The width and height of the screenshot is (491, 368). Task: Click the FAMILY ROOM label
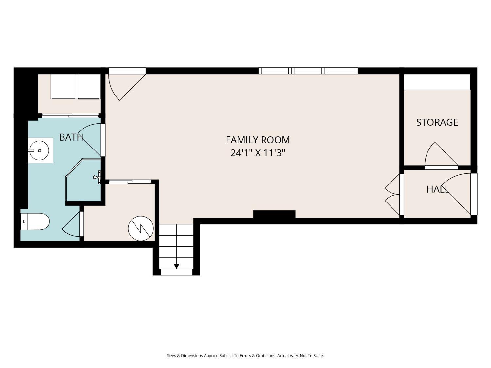pyautogui.click(x=258, y=140)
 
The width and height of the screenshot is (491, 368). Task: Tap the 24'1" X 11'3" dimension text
pyautogui.click(x=258, y=153)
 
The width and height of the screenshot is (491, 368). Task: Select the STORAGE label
pyautogui.click(x=437, y=122)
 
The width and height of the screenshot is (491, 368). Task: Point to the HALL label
pyautogui.click(x=438, y=189)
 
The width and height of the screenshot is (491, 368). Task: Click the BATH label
pyautogui.click(x=71, y=137)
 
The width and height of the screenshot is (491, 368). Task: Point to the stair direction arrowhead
pyautogui.click(x=176, y=266)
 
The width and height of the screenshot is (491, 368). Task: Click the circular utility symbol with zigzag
pyautogui.click(x=141, y=228)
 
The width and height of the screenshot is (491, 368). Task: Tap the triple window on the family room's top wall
pyautogui.click(x=308, y=71)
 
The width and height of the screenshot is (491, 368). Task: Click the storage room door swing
pyautogui.click(x=439, y=155)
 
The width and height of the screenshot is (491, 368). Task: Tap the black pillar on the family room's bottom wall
pyautogui.click(x=274, y=214)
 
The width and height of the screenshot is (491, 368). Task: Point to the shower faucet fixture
pyautogui.click(x=97, y=177)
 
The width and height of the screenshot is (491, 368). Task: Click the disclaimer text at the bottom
pyautogui.click(x=245, y=355)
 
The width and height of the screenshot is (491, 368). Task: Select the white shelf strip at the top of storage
pyautogui.click(x=437, y=82)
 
